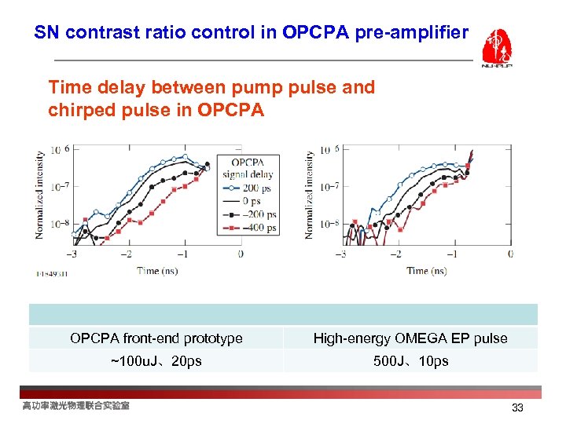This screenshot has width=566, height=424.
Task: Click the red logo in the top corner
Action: tap(497, 48)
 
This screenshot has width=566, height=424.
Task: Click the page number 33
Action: tap(517, 408)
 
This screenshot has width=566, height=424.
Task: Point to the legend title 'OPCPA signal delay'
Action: tap(248, 169)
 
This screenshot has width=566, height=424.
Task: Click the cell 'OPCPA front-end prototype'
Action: tap(156, 338)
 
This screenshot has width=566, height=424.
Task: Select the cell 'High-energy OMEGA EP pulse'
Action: tap(410, 338)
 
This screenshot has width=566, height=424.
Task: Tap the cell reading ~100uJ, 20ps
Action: tap(156, 361)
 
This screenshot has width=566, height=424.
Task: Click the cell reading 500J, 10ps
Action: tap(410, 361)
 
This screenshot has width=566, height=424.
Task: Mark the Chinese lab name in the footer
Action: tap(76, 405)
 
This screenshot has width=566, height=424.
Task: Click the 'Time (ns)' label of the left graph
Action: tap(157, 271)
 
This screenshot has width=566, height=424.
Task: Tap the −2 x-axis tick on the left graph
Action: tap(125, 254)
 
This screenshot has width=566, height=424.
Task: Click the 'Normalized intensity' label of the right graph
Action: tap(310, 194)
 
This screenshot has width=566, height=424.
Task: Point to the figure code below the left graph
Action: tap(52, 274)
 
